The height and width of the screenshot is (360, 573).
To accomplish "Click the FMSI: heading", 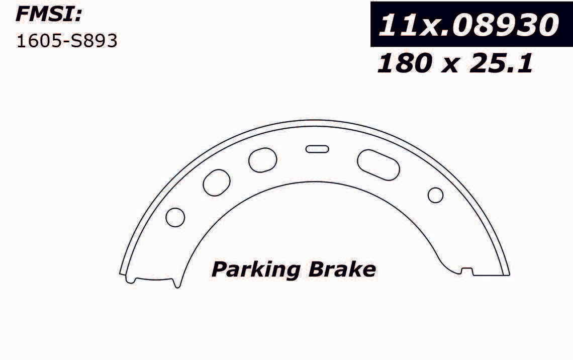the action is (x=48, y=15).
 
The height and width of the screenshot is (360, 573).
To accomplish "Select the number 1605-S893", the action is (x=67, y=41).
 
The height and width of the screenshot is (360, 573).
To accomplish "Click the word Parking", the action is (x=256, y=271).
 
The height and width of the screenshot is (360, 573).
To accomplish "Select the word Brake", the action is (x=342, y=269).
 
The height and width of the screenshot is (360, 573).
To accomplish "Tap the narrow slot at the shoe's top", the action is (x=317, y=149).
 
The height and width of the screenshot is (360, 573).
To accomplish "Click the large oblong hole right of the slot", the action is (x=378, y=165).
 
